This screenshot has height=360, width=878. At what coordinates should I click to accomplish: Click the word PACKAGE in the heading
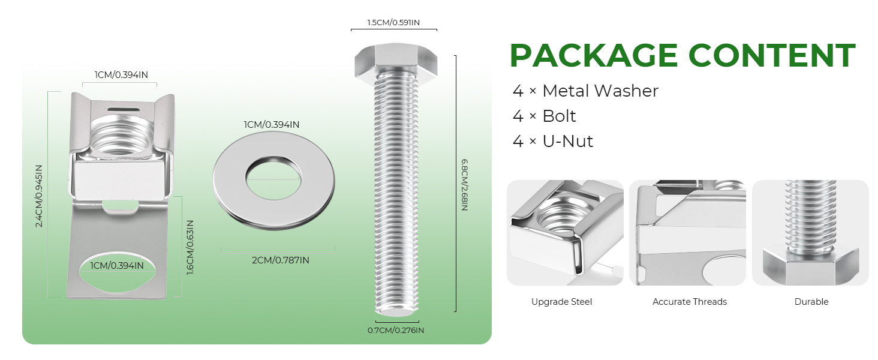pyautogui.click(x=594, y=55)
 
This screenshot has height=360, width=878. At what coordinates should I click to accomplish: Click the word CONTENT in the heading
pyautogui.click(x=772, y=55)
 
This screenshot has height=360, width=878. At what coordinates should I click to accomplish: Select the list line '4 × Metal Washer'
pyautogui.click(x=585, y=91)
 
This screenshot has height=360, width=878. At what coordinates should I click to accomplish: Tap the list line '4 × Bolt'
pyautogui.click(x=545, y=116)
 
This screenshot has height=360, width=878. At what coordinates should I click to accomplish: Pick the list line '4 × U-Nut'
pyautogui.click(x=553, y=141)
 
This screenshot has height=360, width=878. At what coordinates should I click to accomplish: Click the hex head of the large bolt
pyautogui.click(x=396, y=59)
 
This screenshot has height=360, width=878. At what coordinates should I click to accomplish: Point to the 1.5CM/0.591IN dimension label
pyautogui.click(x=393, y=22)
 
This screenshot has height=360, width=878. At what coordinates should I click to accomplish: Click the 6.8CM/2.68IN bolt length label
pyautogui.click(x=464, y=185)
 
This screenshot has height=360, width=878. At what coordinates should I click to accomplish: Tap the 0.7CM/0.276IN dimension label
pyautogui.click(x=396, y=330)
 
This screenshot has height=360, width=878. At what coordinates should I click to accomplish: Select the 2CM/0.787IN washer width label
pyautogui.click(x=281, y=260)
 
